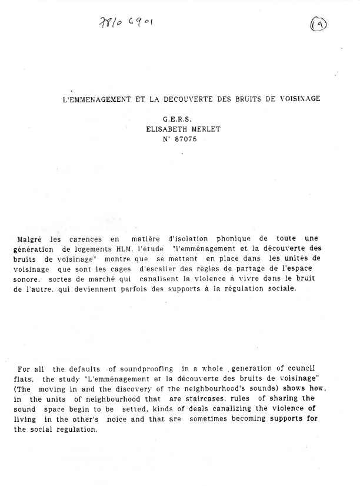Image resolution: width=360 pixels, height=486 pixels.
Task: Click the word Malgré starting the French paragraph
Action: [31, 239]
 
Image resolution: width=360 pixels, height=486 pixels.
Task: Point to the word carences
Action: [85, 239]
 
